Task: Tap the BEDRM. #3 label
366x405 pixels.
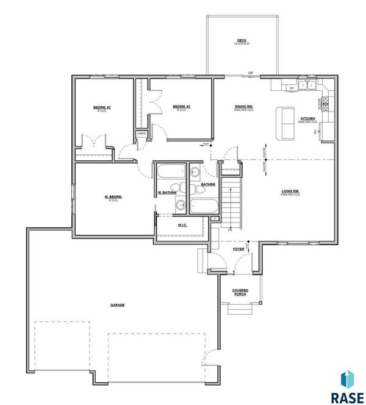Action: tap(101, 107)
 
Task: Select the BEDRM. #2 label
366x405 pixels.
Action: tap(181, 106)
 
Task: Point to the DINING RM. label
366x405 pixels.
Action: tap(244, 107)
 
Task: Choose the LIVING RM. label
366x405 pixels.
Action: tap(290, 192)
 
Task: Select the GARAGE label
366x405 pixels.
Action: tap(117, 304)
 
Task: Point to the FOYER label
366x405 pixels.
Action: tap(239, 249)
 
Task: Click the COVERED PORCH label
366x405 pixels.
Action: tap(240, 293)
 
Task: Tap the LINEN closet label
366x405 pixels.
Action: tap(142, 133)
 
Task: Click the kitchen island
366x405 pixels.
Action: tap(284, 123)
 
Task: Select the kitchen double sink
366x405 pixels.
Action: tap(309, 86)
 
